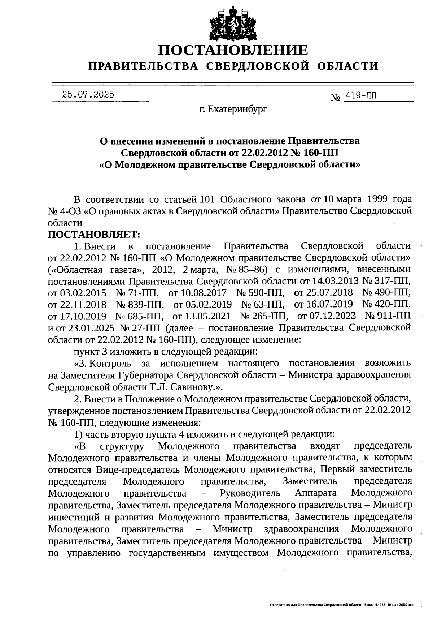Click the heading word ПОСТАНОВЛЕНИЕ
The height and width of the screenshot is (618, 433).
click(x=233, y=50)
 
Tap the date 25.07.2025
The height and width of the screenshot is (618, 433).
click(x=88, y=95)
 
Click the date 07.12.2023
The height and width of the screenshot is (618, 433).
click(x=331, y=316)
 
